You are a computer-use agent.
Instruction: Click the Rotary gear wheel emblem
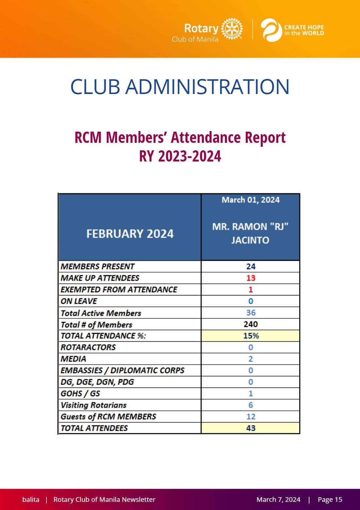pyautogui.click(x=232, y=29)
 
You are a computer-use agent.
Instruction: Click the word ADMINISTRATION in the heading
pyautogui.click(x=207, y=87)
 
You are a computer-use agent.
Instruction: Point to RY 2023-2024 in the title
pyautogui.click(x=180, y=156)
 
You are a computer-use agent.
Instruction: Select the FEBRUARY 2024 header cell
pyautogui.click(x=130, y=227)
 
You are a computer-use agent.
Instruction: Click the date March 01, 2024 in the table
pyautogui.click(x=251, y=200)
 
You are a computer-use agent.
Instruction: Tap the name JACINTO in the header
pyautogui.click(x=250, y=240)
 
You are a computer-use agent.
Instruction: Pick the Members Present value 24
pyautogui.click(x=251, y=266)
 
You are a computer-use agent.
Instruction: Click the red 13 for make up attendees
pyautogui.click(x=251, y=278)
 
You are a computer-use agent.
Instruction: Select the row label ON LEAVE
pyautogui.click(x=79, y=301)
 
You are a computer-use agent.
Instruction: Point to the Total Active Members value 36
pyautogui.click(x=251, y=312)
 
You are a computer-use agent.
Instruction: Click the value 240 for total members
pyautogui.click(x=251, y=324)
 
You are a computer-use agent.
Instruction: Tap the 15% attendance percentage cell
pyautogui.click(x=251, y=336)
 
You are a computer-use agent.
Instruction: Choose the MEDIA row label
pyautogui.click(x=73, y=359)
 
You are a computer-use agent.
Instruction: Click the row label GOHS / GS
pyautogui.click(x=80, y=393)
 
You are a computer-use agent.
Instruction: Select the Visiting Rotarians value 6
pyautogui.click(x=251, y=405)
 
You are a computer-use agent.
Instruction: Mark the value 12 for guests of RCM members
pyautogui.click(x=251, y=417)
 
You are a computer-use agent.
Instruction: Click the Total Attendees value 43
pyautogui.click(x=251, y=428)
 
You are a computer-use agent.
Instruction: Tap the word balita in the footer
pyautogui.click(x=31, y=499)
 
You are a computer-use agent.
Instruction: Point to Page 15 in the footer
pyautogui.click(x=330, y=499)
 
